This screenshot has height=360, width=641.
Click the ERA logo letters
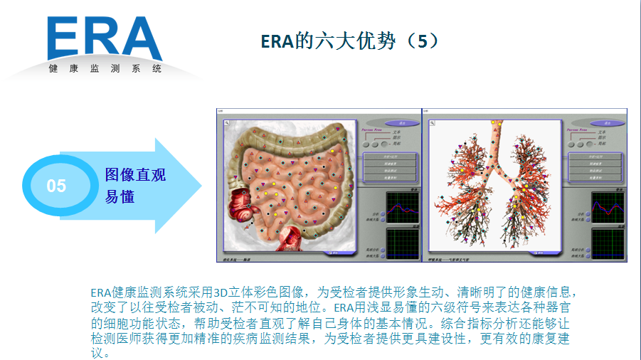[x=105, y=39]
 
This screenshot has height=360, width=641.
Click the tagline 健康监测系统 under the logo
[x=105, y=69]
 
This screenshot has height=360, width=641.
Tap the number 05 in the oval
[x=56, y=186]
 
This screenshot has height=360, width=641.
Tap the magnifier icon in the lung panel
[x=433, y=123]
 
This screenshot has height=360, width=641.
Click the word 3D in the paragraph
[x=222, y=292]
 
